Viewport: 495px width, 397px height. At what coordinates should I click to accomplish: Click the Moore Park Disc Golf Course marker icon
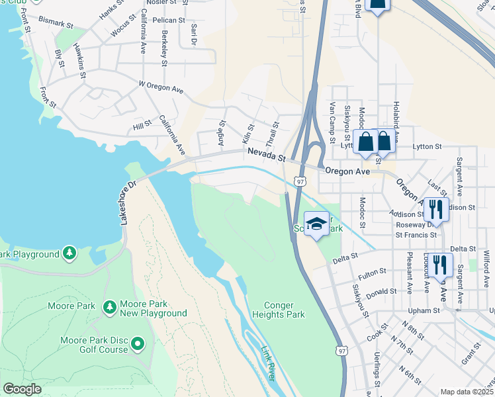click(x=138, y=343)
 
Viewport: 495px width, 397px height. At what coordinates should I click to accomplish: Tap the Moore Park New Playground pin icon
click(x=109, y=306)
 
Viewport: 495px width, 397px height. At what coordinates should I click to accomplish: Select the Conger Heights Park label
click(x=284, y=310)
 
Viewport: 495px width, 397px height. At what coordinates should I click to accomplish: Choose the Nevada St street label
click(x=266, y=155)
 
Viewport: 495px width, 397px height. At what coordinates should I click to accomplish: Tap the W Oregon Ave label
click(x=160, y=86)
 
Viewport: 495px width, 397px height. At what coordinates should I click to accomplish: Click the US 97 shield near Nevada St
click(x=300, y=181)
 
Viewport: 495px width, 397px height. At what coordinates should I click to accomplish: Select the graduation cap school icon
click(x=317, y=223)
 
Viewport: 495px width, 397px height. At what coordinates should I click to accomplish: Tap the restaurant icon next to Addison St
click(x=436, y=209)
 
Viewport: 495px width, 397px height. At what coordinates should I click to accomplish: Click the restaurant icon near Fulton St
click(x=440, y=265)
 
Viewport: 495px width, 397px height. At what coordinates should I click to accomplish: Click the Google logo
click(x=22, y=389)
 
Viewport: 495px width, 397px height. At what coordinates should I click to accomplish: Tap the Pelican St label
click(x=168, y=21)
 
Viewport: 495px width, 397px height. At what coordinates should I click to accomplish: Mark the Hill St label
click(x=142, y=126)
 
